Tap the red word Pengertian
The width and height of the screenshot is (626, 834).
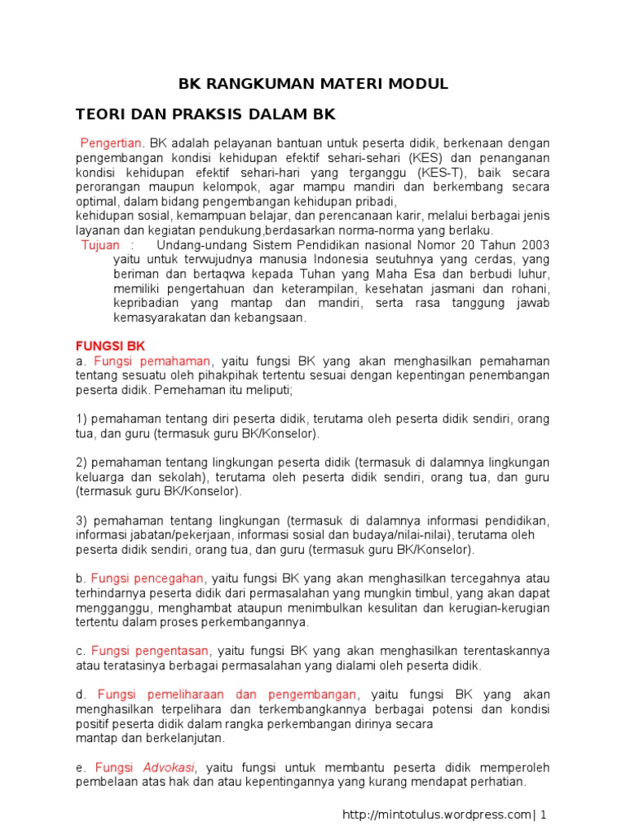(x=111, y=143)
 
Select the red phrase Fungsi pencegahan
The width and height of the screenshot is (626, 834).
(x=148, y=578)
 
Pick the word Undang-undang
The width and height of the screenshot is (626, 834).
(x=197, y=245)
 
